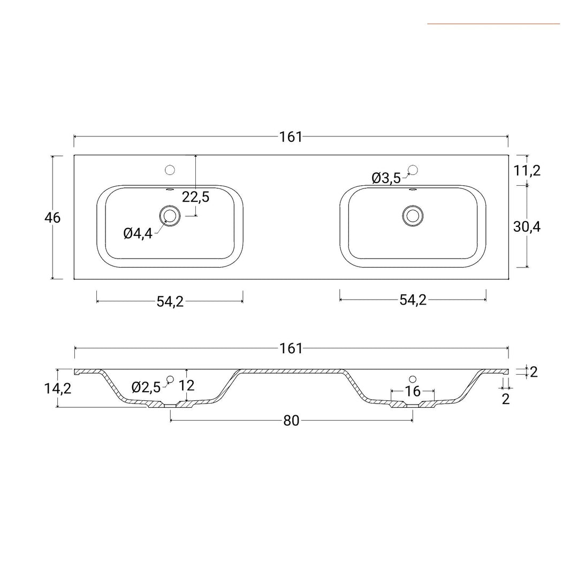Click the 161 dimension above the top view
[291, 137]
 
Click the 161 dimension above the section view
[291, 348]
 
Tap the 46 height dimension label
[52, 218]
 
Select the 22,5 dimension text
[195, 197]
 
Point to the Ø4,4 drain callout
[138, 233]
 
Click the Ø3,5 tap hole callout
[386, 178]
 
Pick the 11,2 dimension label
[527, 171]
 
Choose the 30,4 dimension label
[527, 227]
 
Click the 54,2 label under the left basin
[170, 301]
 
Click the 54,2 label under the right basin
[413, 300]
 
